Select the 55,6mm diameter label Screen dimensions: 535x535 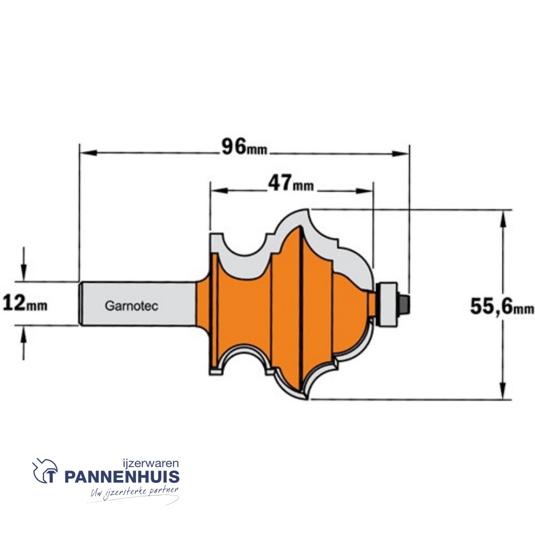[x=502, y=307]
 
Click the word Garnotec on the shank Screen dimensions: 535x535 [x=131, y=306]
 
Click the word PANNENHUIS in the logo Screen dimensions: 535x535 [x=121, y=478]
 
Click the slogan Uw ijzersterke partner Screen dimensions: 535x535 [x=133, y=493]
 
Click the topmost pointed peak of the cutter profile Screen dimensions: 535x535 [x=309, y=210]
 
